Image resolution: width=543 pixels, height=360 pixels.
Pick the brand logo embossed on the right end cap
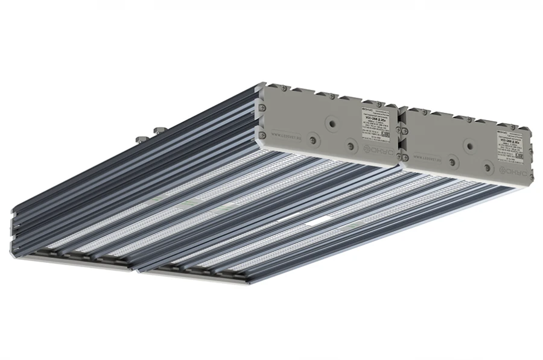click(517, 172)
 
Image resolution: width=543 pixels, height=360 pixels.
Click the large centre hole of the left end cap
click(331, 123)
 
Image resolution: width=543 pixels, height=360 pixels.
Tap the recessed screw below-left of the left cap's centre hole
click(313, 140)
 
